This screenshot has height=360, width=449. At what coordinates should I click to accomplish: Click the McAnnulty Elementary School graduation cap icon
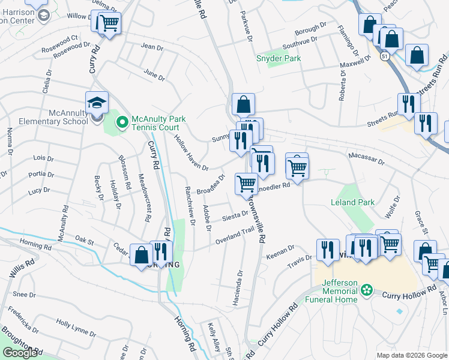(97, 103)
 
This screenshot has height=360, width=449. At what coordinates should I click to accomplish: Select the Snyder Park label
(279, 58)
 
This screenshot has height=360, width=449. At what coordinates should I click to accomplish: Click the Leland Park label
(353, 202)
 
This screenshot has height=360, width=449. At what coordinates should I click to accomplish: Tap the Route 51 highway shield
(384, 55)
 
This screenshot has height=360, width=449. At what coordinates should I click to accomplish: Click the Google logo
(20, 353)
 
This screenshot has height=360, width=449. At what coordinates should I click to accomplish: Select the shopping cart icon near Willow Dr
(107, 24)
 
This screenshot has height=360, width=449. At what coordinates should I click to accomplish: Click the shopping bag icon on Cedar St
(141, 255)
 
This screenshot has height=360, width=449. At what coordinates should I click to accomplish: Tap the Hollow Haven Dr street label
(191, 152)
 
